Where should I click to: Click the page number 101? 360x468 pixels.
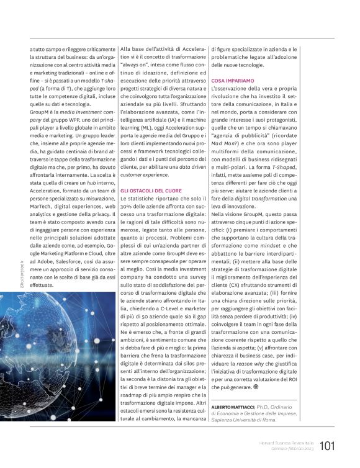(328, 445)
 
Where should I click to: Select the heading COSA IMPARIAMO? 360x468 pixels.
(232, 81)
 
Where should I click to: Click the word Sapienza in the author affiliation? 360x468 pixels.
(225, 420)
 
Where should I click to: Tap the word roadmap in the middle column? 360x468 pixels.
(136, 379)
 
